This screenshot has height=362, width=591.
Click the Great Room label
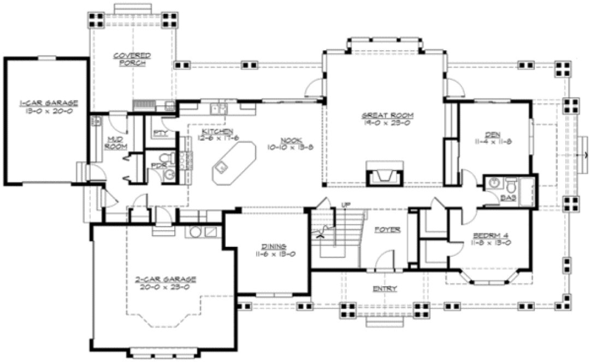tap(387, 115)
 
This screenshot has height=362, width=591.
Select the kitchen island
tap(233, 162)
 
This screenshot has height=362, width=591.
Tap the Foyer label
tap(388, 230)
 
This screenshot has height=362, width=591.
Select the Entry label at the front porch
tap(385, 288)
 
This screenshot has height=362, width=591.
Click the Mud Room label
tap(116, 143)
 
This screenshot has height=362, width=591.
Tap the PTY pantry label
tap(160, 133)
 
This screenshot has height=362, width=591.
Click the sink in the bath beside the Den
tap(495, 183)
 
